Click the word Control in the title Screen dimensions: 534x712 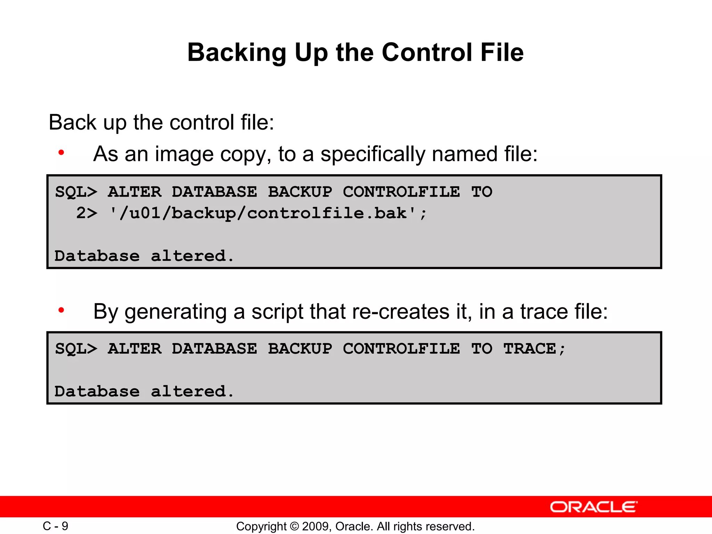click(x=427, y=52)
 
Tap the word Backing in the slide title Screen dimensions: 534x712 click(x=237, y=53)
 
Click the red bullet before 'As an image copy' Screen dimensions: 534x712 click(x=62, y=153)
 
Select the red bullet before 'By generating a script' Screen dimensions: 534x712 click(x=62, y=310)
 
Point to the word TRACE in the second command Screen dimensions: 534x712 click(x=530, y=349)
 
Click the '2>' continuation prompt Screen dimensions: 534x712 click(x=87, y=213)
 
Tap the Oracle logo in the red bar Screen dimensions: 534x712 click(x=593, y=507)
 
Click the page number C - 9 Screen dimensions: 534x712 click(x=56, y=526)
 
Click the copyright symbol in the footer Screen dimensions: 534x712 click(x=294, y=526)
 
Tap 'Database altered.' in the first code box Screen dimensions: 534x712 click(x=144, y=256)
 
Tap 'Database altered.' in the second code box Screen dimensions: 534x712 click(x=144, y=392)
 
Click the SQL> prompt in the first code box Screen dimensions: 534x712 click(x=76, y=192)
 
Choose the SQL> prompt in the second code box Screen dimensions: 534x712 click(x=76, y=349)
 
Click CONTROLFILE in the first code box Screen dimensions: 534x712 click(x=401, y=192)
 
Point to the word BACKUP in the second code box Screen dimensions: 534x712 click(x=300, y=349)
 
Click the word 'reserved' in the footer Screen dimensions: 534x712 click(x=452, y=526)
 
